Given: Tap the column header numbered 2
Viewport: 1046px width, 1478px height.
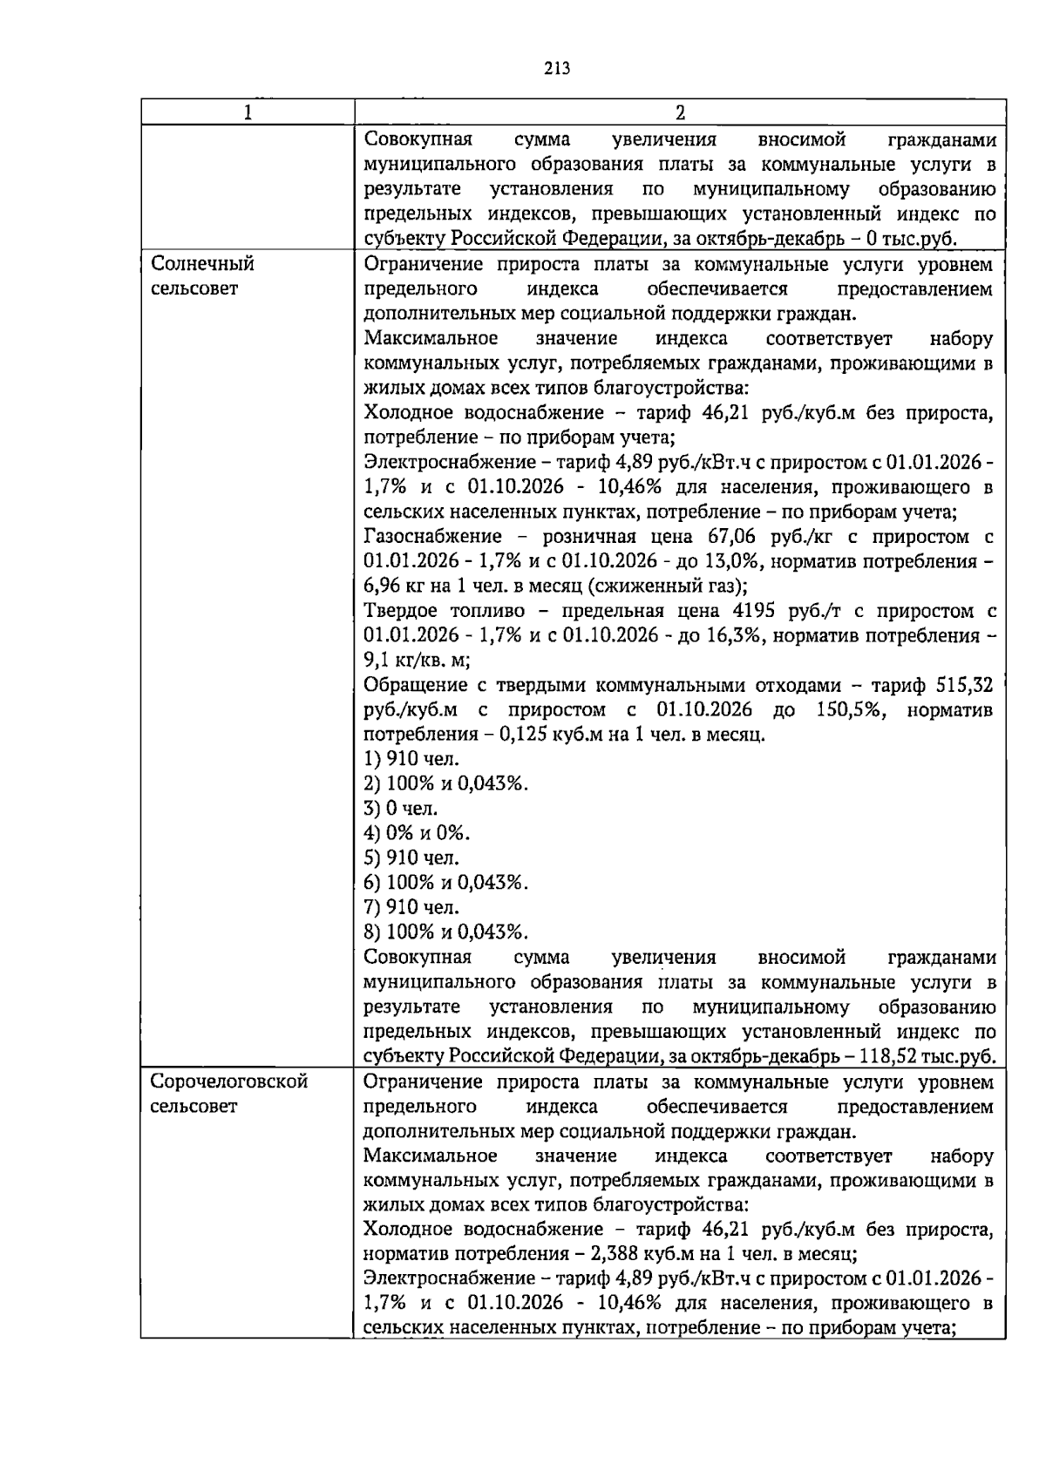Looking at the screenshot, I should pos(680,112).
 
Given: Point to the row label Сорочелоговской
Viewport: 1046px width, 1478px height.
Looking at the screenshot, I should pos(229,1081).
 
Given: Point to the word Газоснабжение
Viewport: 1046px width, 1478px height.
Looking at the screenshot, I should pos(433,537).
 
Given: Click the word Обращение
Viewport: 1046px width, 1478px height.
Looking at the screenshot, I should pos(416,685).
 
